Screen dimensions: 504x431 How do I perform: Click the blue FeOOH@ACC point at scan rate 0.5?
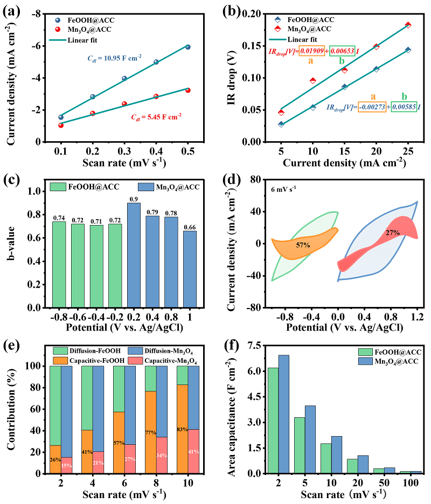point(188,47)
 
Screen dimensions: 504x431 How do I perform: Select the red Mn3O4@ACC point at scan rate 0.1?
point(61,125)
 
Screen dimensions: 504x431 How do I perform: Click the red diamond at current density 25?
point(408,25)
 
